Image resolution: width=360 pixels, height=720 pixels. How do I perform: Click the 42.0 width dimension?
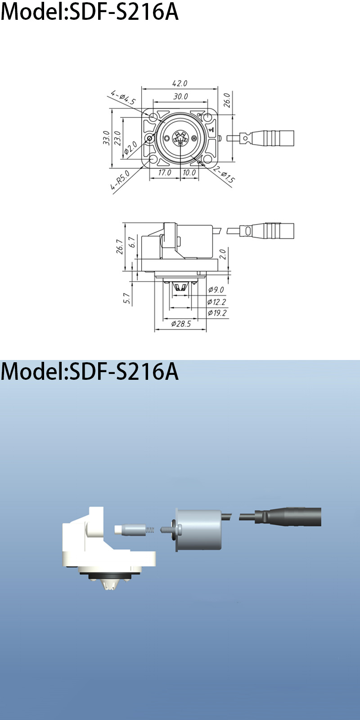click(x=180, y=83)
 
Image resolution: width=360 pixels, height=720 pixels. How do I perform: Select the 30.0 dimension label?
click(x=180, y=96)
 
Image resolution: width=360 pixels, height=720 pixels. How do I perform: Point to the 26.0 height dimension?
click(x=227, y=100)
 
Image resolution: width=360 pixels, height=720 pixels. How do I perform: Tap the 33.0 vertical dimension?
click(x=106, y=138)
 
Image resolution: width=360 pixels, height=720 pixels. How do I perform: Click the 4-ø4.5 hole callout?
click(x=123, y=98)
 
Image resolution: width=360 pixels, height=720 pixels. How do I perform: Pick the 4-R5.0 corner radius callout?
click(x=120, y=181)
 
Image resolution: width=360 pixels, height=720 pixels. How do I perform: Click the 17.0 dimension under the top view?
click(x=165, y=172)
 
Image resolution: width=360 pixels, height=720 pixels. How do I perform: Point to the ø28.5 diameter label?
click(x=181, y=324)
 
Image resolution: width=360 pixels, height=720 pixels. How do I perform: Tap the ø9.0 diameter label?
click(x=216, y=290)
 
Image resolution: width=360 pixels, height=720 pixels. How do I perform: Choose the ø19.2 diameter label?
click(x=217, y=313)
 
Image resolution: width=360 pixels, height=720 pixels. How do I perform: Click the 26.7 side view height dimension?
click(x=119, y=247)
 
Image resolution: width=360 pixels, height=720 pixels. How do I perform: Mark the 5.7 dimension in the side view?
click(x=127, y=298)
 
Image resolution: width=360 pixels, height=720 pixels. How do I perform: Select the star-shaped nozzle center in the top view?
click(x=180, y=139)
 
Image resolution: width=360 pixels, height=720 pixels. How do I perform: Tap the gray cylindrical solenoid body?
click(x=198, y=530)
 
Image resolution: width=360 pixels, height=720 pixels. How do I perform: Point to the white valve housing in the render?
click(x=103, y=544)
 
